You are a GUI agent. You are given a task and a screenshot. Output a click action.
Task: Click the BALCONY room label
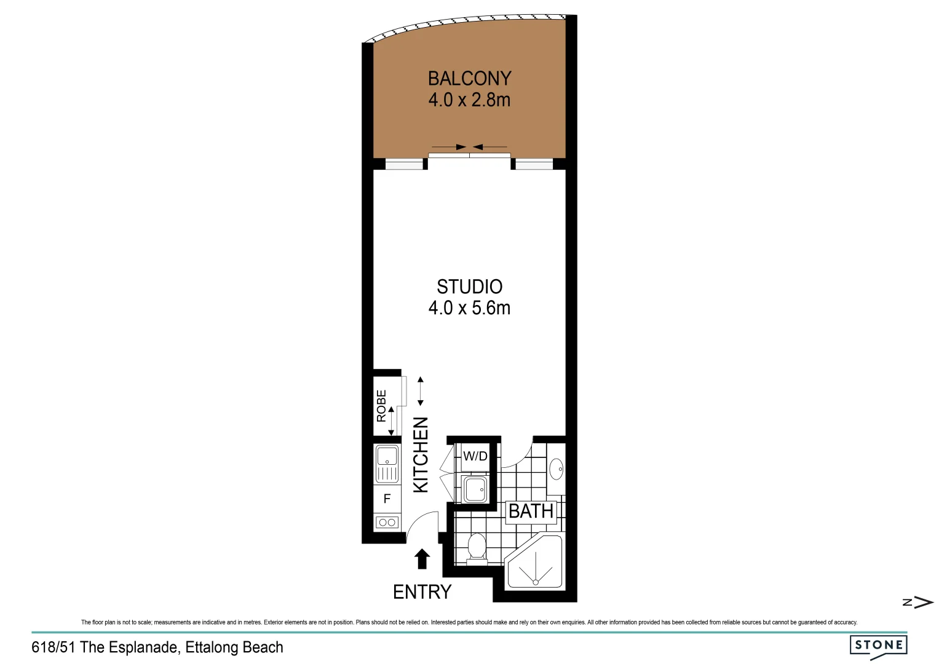pyautogui.click(x=469, y=79)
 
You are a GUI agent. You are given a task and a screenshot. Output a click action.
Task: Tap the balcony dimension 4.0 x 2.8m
pyautogui.click(x=469, y=100)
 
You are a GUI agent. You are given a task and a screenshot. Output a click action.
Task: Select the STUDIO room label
pyautogui.click(x=469, y=287)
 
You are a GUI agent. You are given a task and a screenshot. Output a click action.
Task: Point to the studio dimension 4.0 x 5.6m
pyautogui.click(x=469, y=307)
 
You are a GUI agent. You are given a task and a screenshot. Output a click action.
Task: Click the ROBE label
pyautogui.click(x=381, y=406)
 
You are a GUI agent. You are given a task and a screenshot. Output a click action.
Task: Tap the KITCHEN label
pyautogui.click(x=421, y=454)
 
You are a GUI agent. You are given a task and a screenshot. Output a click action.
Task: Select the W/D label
pyautogui.click(x=475, y=456)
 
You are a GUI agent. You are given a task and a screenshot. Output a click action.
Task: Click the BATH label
pyautogui.click(x=531, y=511)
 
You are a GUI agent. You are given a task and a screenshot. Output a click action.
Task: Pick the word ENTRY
pyautogui.click(x=422, y=591)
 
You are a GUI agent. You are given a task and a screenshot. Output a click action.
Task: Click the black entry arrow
pyautogui.click(x=422, y=559)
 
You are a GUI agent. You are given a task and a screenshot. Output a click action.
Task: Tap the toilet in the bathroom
pyautogui.click(x=477, y=547)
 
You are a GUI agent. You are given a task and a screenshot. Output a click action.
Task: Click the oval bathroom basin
pyautogui.click(x=557, y=469)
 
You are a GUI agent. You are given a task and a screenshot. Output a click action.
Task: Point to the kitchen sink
pyautogui.click(x=387, y=464)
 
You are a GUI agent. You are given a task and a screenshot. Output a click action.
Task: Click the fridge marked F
pyautogui.click(x=387, y=499)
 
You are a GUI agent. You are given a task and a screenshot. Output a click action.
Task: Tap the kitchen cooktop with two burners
pyautogui.click(x=387, y=523)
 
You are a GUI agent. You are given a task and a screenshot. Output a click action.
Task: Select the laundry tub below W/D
pyautogui.click(x=475, y=489)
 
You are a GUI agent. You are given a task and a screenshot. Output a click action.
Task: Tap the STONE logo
pyautogui.click(x=878, y=646)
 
